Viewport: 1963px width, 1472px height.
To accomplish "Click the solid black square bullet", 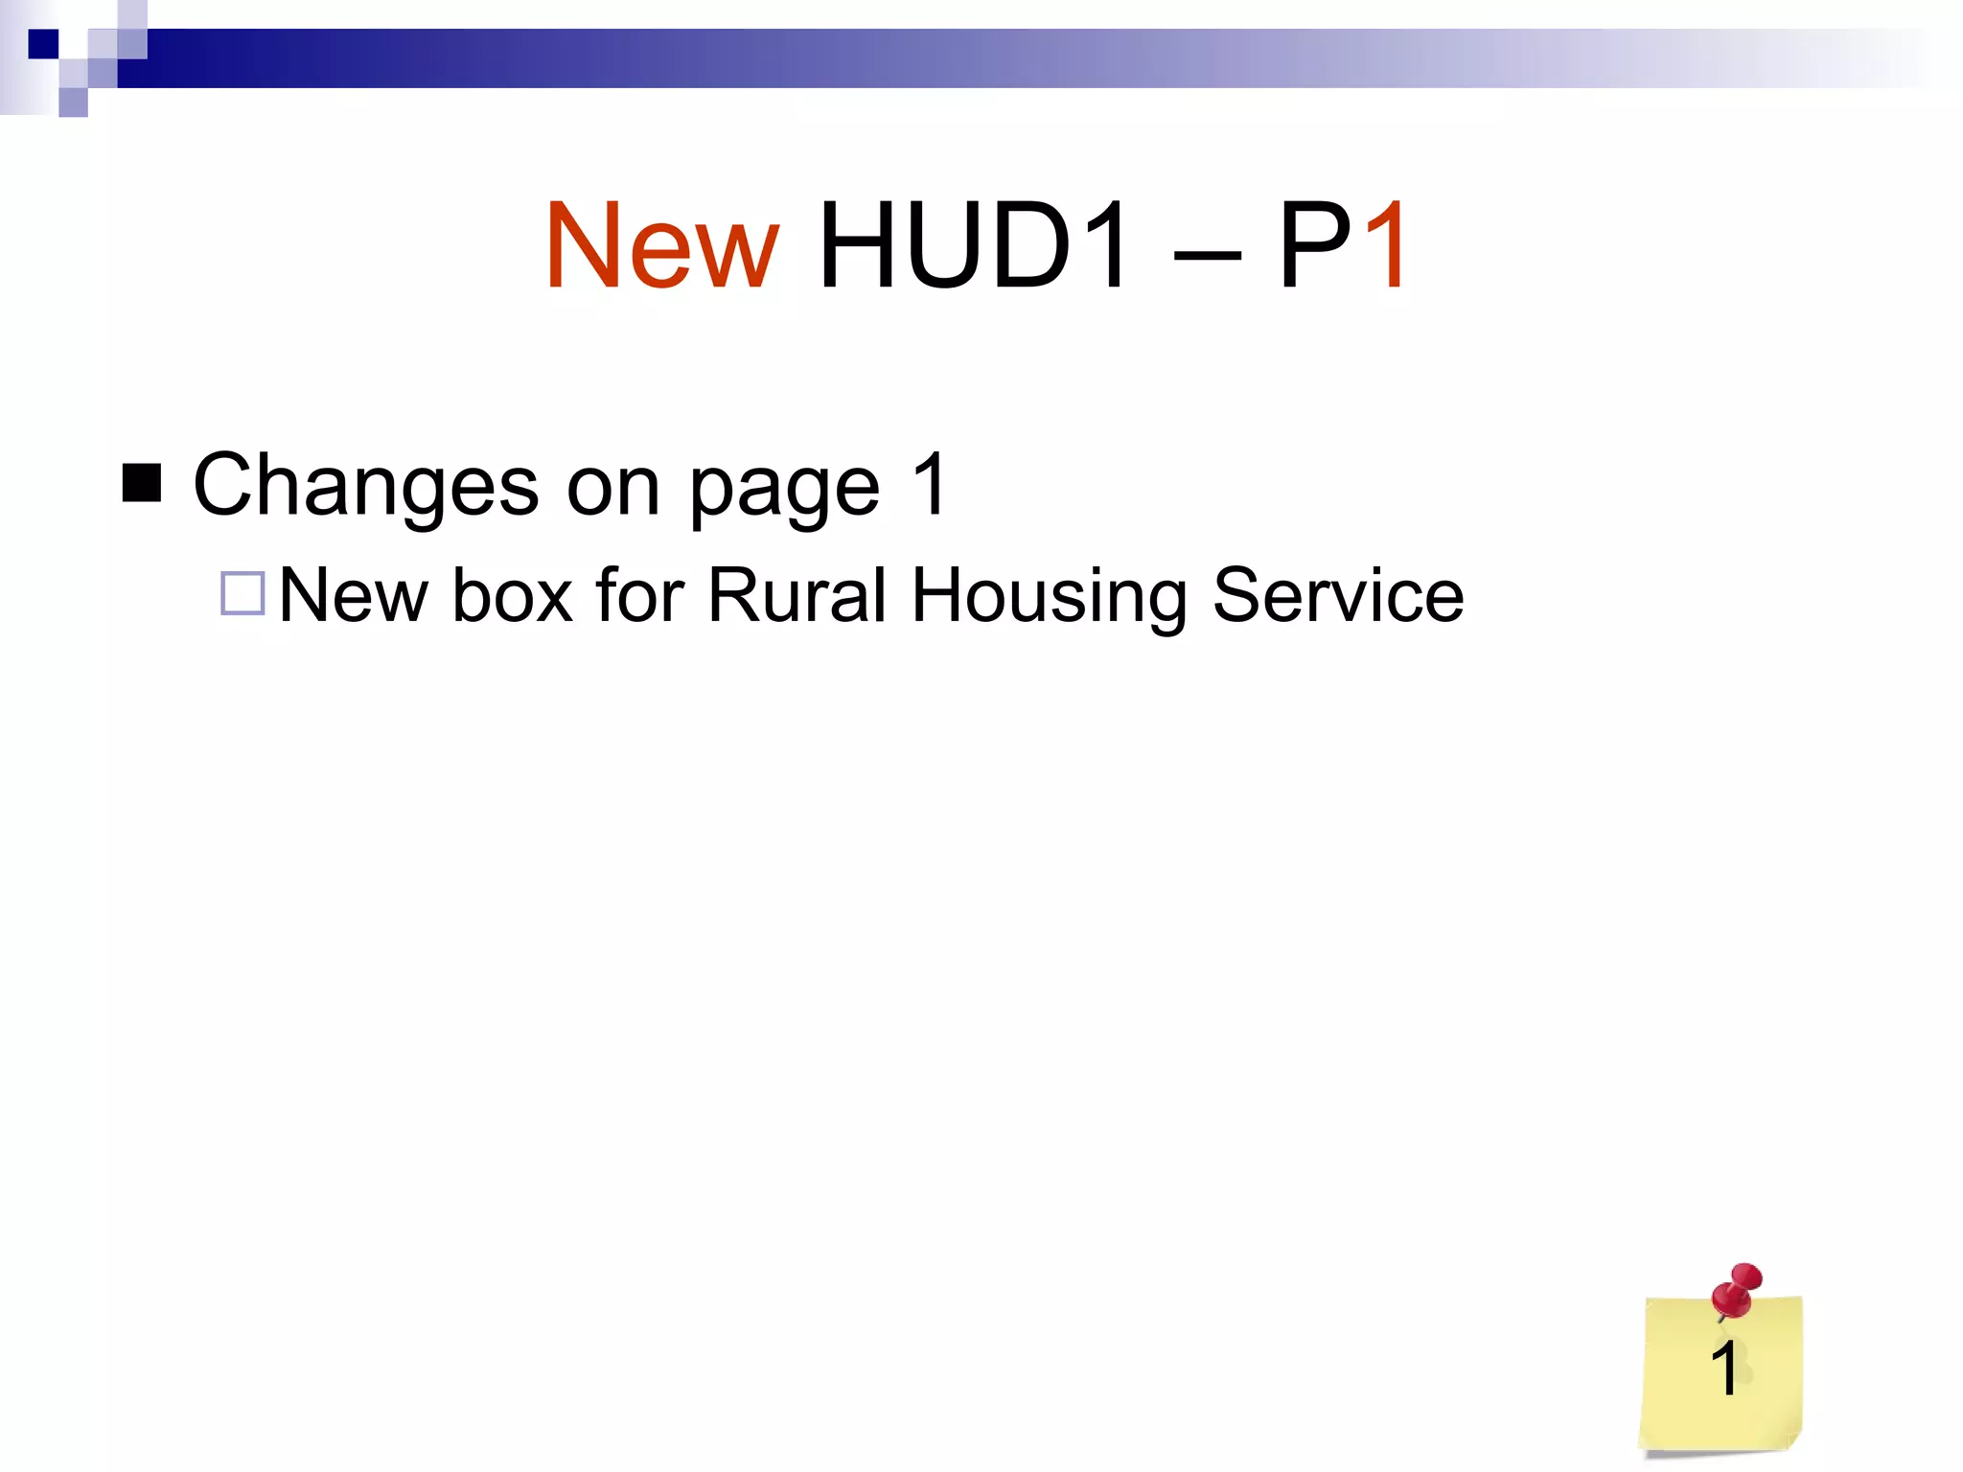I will click(x=142, y=483).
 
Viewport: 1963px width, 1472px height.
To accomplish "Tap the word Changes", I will click(x=366, y=485).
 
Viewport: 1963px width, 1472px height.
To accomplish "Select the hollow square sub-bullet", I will click(x=242, y=593).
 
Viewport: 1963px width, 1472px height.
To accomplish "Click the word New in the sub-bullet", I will click(x=353, y=595).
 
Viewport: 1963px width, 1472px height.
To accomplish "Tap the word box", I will click(x=513, y=595).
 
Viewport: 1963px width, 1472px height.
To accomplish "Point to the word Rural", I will click(x=797, y=595).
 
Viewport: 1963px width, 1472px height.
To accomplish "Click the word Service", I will click(x=1338, y=595).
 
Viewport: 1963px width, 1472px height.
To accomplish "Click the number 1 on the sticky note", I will click(x=1724, y=1368).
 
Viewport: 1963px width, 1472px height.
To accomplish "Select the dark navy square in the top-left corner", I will click(x=43, y=44).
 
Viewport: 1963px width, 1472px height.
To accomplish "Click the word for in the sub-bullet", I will click(x=639, y=595).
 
